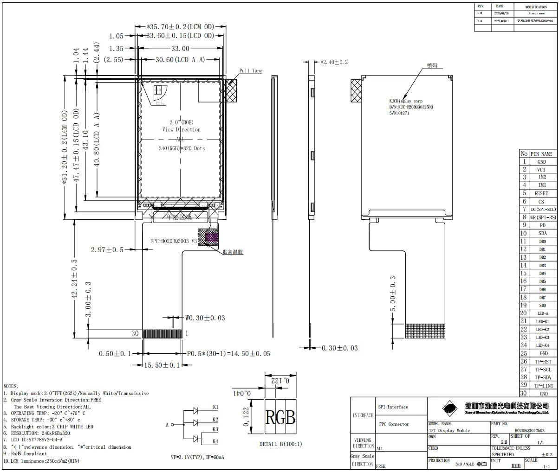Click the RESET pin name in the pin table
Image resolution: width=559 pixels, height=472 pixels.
pos(541,193)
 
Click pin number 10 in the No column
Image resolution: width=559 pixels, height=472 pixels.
pos(524,233)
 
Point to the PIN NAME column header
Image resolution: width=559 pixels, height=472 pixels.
pos(541,153)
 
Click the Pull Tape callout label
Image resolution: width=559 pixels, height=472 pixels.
pos(251,71)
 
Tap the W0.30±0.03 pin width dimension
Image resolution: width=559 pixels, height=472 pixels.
pos(205,318)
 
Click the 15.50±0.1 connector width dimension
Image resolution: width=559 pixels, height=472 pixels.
pos(162,365)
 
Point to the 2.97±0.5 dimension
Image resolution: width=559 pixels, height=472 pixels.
pos(107,250)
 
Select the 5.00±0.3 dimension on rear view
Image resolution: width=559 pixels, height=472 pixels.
pos(393,294)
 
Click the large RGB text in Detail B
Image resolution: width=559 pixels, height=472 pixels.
pos(280,417)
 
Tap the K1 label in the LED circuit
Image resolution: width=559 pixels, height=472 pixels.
pos(215,408)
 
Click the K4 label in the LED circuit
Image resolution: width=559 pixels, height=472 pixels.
pos(215,441)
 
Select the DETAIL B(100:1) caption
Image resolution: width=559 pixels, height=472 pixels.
pos(280,444)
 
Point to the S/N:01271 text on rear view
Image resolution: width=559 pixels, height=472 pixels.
pos(399,113)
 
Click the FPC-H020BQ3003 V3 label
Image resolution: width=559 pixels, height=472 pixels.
pos(174,242)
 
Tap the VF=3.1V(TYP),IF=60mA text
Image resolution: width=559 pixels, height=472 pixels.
pos(197,457)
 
